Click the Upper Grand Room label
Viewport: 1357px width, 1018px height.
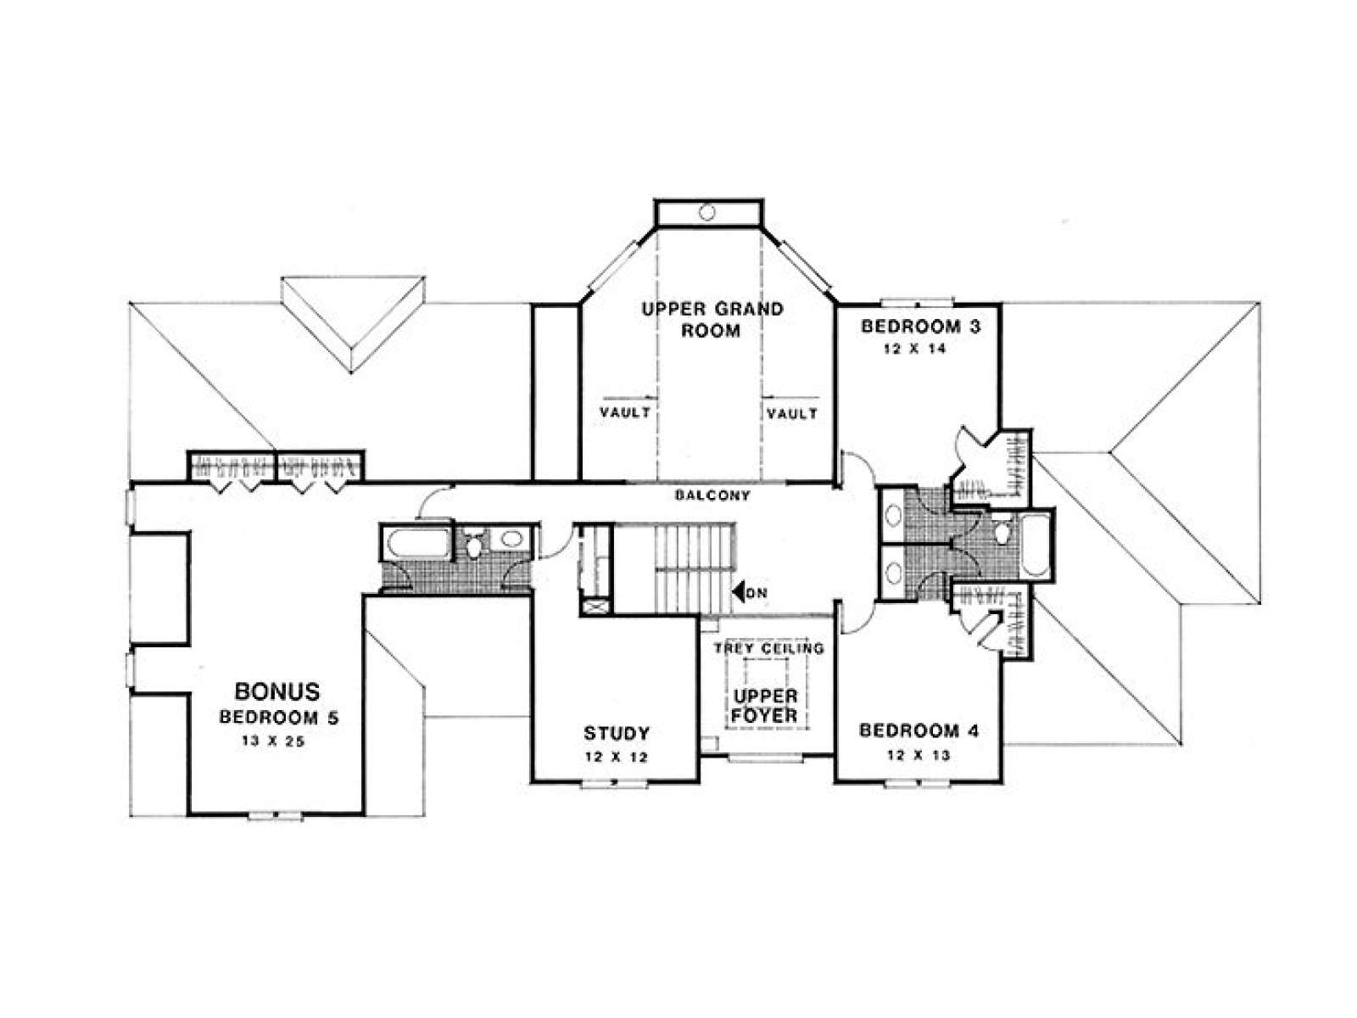[x=712, y=320]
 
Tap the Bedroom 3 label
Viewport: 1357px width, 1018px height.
[x=920, y=326]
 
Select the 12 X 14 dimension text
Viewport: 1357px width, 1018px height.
[x=915, y=349]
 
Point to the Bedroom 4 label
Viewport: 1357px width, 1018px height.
[x=919, y=731]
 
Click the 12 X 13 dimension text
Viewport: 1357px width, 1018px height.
[x=918, y=755]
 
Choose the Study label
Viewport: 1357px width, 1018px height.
[x=617, y=734]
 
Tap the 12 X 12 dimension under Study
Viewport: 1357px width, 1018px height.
[x=617, y=758]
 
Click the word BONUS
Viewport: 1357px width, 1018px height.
[x=277, y=691]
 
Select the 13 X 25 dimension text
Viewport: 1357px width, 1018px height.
[x=274, y=741]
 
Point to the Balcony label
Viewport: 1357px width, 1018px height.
[x=712, y=495]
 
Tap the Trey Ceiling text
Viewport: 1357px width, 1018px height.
[x=769, y=648]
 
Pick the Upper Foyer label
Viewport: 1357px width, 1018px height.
[x=765, y=707]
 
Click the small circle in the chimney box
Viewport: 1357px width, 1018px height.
[x=707, y=213]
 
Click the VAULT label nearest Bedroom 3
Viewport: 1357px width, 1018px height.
[x=792, y=413]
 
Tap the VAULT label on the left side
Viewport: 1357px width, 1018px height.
[x=625, y=411]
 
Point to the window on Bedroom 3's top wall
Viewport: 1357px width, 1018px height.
[x=918, y=303]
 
